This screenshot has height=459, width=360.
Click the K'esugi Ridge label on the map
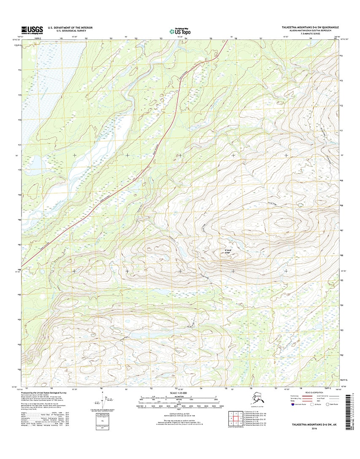coord(225,254)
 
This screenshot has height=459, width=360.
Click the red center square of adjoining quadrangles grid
coord(235,419)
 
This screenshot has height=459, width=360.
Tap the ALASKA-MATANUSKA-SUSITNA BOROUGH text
coord(310,31)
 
